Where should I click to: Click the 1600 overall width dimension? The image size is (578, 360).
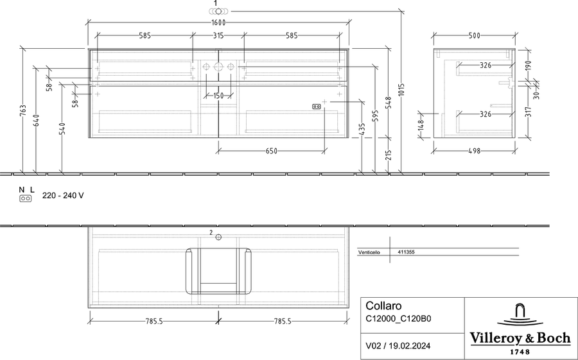pyautogui.click(x=218, y=23)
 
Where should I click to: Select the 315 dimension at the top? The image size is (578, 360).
pyautogui.click(x=218, y=36)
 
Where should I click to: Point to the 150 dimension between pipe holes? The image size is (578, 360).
pyautogui.click(x=218, y=96)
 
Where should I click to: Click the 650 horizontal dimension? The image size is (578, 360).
pyautogui.click(x=271, y=151)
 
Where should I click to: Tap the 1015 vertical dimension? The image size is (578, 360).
pyautogui.click(x=401, y=90)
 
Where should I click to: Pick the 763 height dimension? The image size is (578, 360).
pyautogui.click(x=23, y=111)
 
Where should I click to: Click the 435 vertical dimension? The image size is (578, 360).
pyautogui.click(x=362, y=130)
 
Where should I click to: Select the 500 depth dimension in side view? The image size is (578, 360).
pyautogui.click(x=475, y=36)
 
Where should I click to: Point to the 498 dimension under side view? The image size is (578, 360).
pyautogui.click(x=475, y=151)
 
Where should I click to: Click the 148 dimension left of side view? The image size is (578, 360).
pyautogui.click(x=421, y=125)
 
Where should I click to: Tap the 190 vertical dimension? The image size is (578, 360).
pyautogui.click(x=528, y=65)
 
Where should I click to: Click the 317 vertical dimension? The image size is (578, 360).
pyautogui.click(x=528, y=112)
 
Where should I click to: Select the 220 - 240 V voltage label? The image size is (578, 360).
pyautogui.click(x=63, y=196)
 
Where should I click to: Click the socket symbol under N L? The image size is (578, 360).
pyautogui.click(x=26, y=198)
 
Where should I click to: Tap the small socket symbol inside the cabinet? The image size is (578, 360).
pyautogui.click(x=316, y=107)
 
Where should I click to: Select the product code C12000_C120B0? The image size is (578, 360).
pyautogui.click(x=398, y=318)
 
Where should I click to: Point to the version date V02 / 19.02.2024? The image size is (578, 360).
pyautogui.click(x=398, y=346)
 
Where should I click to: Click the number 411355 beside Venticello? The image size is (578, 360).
pyautogui.click(x=407, y=252)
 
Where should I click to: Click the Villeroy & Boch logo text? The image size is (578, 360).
pyautogui.click(x=520, y=338)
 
